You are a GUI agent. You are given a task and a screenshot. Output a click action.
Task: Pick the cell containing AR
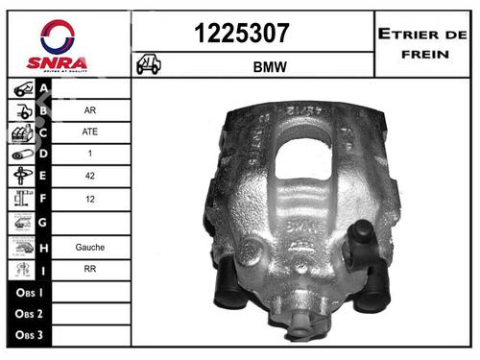point(89,109)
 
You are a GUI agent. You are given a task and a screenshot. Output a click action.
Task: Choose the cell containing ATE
point(89,132)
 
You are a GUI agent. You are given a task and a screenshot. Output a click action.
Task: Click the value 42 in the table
point(89,177)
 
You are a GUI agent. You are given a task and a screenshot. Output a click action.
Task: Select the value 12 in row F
point(89,200)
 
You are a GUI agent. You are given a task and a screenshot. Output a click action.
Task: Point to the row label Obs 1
point(28,291)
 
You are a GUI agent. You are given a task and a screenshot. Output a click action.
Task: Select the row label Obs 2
point(28,314)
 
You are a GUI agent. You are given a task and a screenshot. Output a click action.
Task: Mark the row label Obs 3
point(28,336)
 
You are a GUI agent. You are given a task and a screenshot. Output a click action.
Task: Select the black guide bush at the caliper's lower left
point(231,288)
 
